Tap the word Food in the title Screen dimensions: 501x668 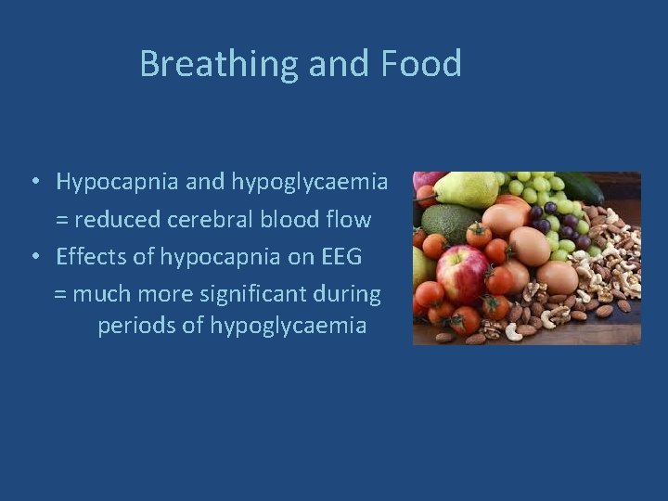420,64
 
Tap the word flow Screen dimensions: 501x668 350,220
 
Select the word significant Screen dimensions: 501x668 268,294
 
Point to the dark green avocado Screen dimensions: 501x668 446,223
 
